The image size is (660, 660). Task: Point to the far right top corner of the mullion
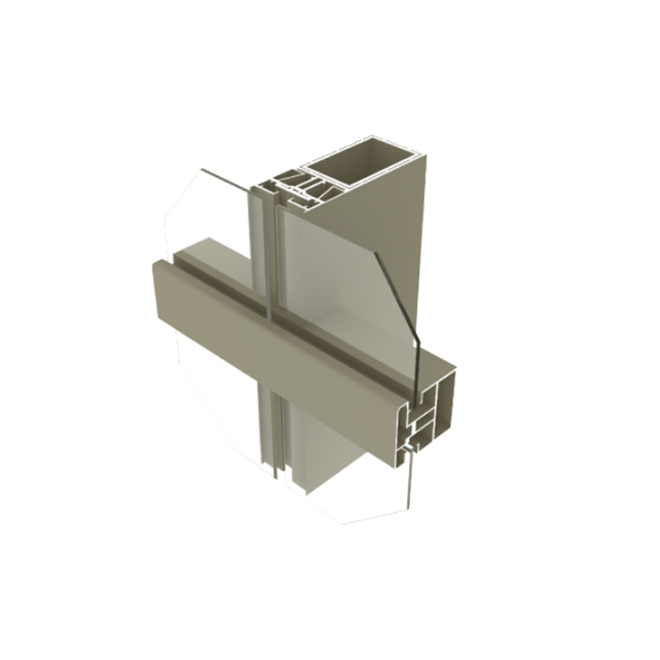[x=426, y=162]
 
